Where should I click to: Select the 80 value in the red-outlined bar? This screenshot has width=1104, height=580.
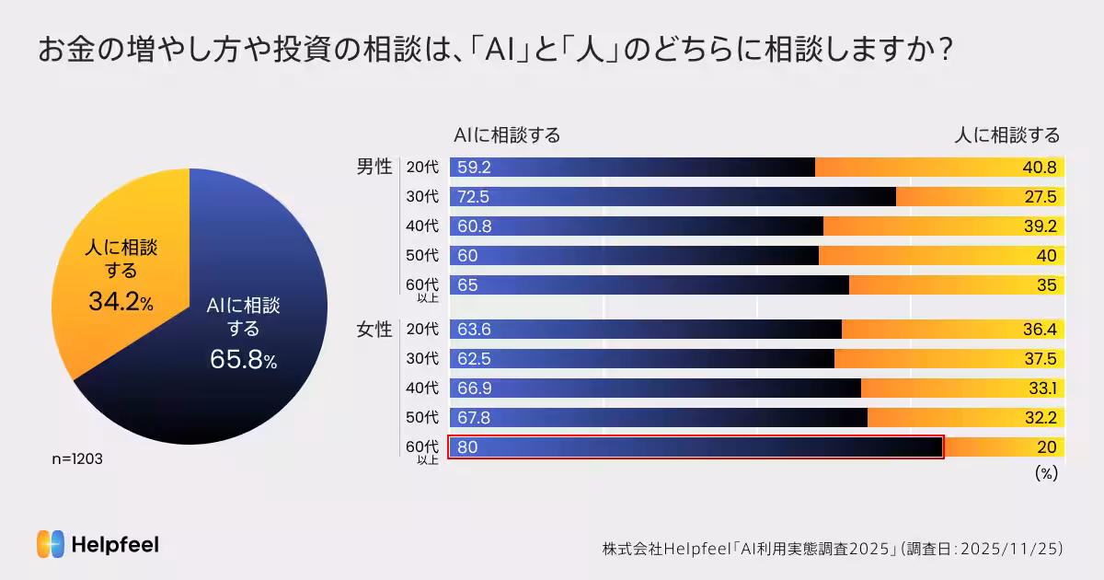467,448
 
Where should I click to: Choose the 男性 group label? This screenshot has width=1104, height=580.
374,168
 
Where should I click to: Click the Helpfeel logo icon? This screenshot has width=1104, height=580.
51,544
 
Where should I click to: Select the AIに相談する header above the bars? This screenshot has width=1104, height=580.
507,135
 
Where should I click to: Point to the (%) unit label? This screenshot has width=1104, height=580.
1046,473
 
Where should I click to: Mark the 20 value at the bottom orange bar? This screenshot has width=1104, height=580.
1047,448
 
